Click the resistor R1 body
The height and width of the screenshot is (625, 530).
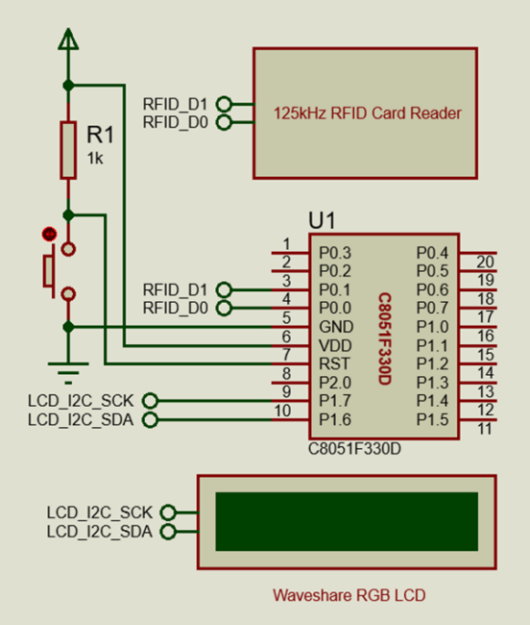coord(68,150)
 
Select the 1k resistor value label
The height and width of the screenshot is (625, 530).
coord(95,159)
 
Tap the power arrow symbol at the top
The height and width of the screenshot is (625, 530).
coord(68,39)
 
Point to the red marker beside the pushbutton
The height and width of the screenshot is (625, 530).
coord(49,235)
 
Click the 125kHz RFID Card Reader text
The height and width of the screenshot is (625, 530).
coord(368,113)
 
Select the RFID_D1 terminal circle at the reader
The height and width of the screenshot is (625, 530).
coord(224,104)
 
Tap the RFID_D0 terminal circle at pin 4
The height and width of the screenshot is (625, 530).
coord(224,308)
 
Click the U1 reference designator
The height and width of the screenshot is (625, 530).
coord(323,220)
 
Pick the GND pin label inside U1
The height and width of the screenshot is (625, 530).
coord(336,327)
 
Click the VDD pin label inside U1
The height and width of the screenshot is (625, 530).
coord(335,345)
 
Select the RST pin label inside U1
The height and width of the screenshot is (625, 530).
coord(334,363)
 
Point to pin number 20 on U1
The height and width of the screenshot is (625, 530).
coord(486,262)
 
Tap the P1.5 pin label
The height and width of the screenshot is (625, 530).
coord(432,419)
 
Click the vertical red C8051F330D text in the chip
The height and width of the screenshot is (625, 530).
coord(385,338)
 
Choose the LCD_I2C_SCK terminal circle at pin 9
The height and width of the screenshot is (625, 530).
coord(151,401)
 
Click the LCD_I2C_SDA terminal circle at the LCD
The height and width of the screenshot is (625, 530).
coord(168,532)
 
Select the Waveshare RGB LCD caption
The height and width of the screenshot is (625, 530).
coord(349,595)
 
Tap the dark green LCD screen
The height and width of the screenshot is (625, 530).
coord(347,522)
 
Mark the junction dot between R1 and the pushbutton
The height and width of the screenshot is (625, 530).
coord(68,215)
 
